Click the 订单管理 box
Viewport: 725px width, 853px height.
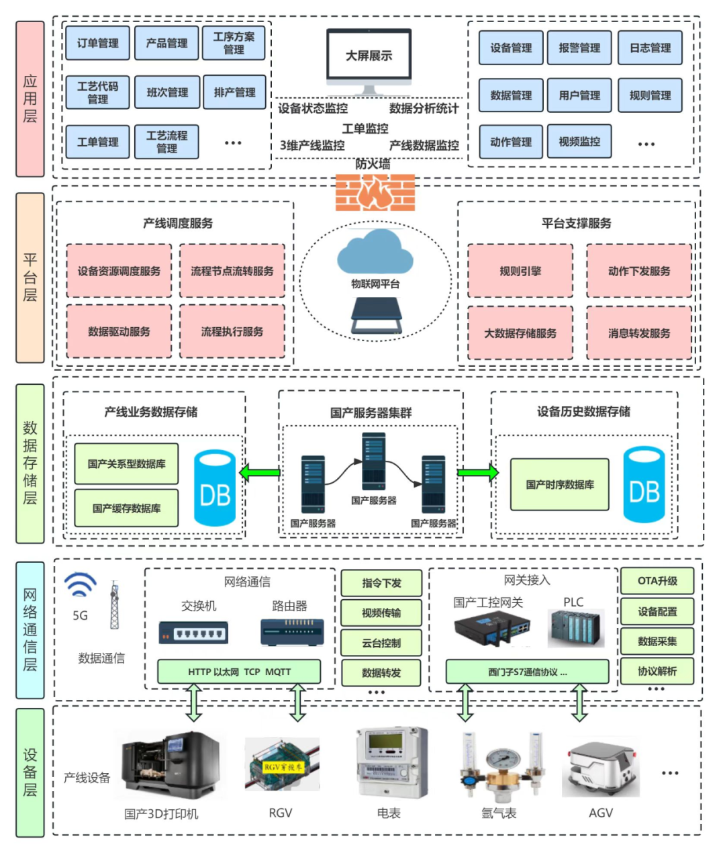tap(97, 43)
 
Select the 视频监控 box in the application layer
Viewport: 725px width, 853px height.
tap(579, 142)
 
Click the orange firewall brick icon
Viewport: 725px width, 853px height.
tap(375, 193)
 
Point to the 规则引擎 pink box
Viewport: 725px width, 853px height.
tap(520, 271)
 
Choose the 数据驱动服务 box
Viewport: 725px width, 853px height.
tap(119, 331)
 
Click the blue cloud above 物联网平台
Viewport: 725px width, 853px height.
tap(375, 252)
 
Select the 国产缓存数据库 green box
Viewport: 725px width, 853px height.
tap(126, 508)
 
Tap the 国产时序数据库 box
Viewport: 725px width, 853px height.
tap(559, 484)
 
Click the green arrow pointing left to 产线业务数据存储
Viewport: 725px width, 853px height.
tap(260, 473)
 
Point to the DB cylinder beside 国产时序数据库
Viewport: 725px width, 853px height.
tap(644, 485)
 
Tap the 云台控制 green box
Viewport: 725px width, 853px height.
tap(381, 643)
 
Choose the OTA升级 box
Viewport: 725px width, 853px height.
tap(657, 581)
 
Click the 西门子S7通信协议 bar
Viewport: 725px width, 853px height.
tap(527, 671)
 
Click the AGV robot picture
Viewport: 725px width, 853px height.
tap(601, 769)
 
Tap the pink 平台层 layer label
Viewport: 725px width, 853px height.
tap(30, 277)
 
